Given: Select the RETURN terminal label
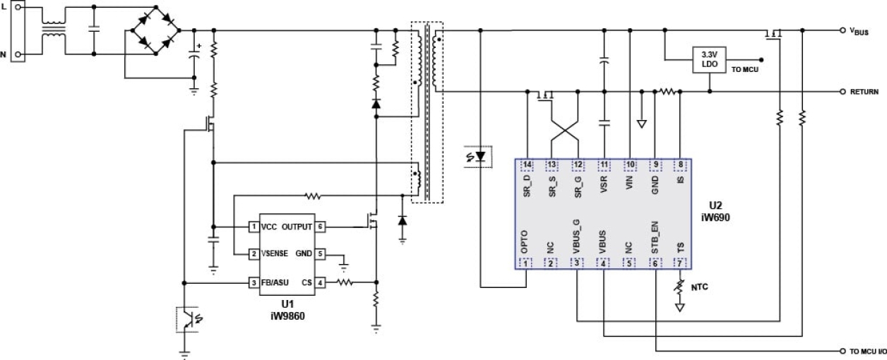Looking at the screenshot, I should [x=864, y=92].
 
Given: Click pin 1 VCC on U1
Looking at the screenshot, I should [x=252, y=227].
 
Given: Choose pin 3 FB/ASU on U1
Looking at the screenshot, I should [x=252, y=283].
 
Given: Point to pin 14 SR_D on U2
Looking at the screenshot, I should [x=527, y=165].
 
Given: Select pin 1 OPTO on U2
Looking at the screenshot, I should [x=527, y=263].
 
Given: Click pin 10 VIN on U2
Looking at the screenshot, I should [x=630, y=165].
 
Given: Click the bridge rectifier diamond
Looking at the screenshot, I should [x=153, y=31].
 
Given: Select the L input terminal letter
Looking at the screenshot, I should [x=4, y=6].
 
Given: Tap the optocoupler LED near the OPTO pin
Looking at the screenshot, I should [x=481, y=155].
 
